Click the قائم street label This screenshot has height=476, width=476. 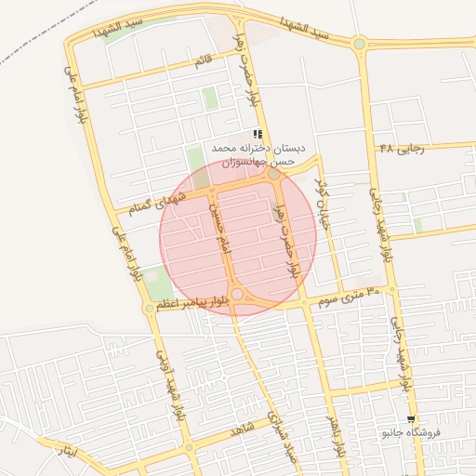click(x=203, y=61)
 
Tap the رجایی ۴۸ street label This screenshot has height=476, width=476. click(x=401, y=149)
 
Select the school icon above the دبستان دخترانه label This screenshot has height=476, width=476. click(x=258, y=134)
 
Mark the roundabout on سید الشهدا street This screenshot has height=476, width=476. click(x=359, y=43)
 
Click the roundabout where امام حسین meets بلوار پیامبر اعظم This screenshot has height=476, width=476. click(x=237, y=294)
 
